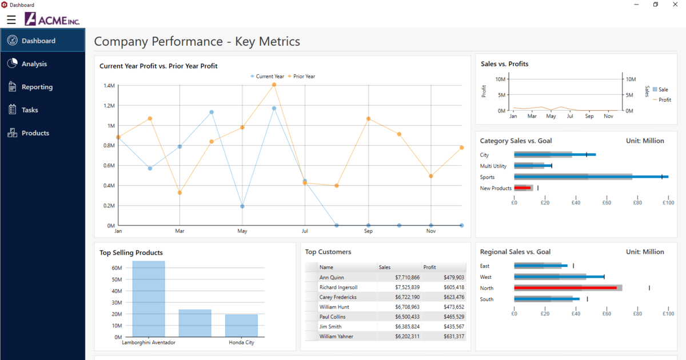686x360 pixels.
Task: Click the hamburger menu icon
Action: (11, 20)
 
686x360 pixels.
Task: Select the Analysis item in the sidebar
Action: (34, 64)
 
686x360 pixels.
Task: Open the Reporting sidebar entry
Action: (37, 87)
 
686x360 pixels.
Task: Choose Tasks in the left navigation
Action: (30, 110)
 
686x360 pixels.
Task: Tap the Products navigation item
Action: (35, 133)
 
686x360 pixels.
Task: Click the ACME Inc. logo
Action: (52, 20)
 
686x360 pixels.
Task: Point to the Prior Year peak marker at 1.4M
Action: (274, 85)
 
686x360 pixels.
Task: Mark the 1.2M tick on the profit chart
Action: (109, 106)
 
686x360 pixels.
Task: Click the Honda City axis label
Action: (241, 343)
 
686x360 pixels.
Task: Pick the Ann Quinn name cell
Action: (332, 278)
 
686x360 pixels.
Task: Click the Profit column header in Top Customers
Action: (430, 267)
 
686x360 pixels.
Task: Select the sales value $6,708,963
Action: (407, 307)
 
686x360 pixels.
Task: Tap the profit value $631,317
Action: (453, 337)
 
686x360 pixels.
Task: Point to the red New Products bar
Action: (523, 188)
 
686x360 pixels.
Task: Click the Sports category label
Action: (487, 177)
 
